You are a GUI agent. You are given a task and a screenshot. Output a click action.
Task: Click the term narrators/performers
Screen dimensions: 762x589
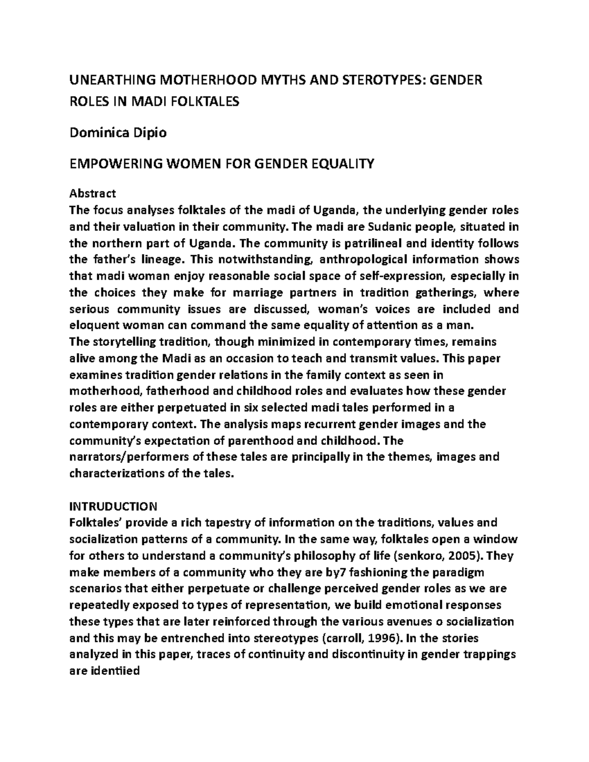coord(130,457)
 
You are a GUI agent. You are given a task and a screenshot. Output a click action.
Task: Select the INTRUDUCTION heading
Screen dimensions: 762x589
coord(113,506)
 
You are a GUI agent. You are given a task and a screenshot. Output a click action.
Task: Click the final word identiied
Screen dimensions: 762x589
coord(115,671)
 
